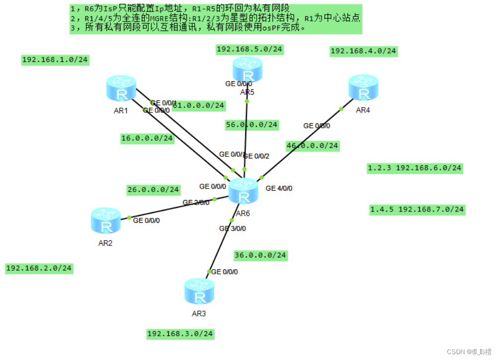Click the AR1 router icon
pos(121,89)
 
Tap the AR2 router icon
pos(106,221)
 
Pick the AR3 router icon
pos(199,292)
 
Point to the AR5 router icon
pos(248,70)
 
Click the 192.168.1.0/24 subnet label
pos(55,60)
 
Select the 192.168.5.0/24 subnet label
pos(249,49)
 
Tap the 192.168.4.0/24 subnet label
pos(363,51)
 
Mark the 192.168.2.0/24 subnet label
pos(39,268)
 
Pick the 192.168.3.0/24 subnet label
pos(180,334)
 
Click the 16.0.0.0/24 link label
pos(147,138)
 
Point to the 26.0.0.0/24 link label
pos(154,189)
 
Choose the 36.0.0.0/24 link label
pos(260,255)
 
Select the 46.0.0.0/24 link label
pos(312,146)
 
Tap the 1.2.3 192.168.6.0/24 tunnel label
pos(414,168)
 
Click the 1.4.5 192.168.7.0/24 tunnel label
pos(417,209)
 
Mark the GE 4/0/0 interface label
pos(279,189)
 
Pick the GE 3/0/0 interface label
pos(232,229)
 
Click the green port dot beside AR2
pos(129,218)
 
